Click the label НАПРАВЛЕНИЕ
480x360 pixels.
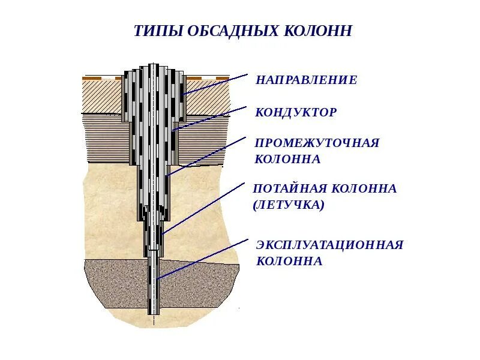pos(306,80)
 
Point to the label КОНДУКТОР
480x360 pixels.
pos(296,113)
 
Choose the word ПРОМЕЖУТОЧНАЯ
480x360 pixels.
pos(317,143)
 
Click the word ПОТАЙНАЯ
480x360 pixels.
pos(290,188)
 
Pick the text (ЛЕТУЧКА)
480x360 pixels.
pos(289,205)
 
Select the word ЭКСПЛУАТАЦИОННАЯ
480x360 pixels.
pos(329,245)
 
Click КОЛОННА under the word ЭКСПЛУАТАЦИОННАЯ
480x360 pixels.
pos(289,262)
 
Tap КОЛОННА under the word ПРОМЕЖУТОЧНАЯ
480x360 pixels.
pos(287,160)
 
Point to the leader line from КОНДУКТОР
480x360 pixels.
pos(210,118)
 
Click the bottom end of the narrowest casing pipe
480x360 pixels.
pos(154,313)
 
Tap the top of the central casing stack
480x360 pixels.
pos(154,65)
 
